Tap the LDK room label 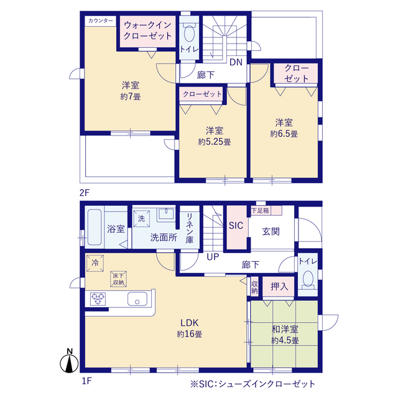(x=189, y=323)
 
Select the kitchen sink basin (x=137, y=298)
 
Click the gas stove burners (x=98, y=298)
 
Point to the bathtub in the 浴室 (x=95, y=227)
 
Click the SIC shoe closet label (x=236, y=225)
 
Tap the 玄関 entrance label (x=271, y=231)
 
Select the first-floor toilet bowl (x=308, y=279)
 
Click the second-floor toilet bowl (x=189, y=33)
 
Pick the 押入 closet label (x=279, y=287)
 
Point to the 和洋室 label (x=285, y=329)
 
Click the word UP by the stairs (x=213, y=257)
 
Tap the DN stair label (x=236, y=62)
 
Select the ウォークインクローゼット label (x=148, y=30)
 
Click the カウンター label (x=101, y=21)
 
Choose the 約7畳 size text (x=131, y=97)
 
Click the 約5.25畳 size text (x=215, y=142)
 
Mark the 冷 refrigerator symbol (x=95, y=263)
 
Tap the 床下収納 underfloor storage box (x=119, y=279)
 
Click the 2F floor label (x=85, y=193)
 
